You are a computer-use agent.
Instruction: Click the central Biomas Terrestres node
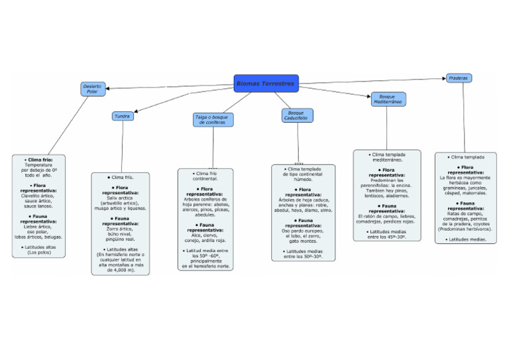266,84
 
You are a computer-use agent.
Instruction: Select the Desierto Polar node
93,89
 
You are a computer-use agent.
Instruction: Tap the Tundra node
123,116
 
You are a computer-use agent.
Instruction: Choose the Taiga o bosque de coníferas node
213,119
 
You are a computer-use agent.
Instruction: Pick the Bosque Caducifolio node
297,115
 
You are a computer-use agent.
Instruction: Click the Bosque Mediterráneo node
388,99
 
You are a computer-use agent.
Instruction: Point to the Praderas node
459,78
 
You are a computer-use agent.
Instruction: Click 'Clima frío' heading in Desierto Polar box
38,160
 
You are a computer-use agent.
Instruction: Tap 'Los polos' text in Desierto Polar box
38,253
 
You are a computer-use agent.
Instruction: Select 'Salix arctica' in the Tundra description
120,198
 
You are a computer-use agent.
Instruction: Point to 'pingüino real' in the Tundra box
120,239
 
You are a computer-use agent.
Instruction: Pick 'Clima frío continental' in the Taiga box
205,176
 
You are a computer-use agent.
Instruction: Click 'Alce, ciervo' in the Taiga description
205,235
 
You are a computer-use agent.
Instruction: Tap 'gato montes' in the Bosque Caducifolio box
303,241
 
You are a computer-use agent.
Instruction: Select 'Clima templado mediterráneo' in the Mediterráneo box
387,157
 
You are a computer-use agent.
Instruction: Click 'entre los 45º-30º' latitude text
387,237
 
